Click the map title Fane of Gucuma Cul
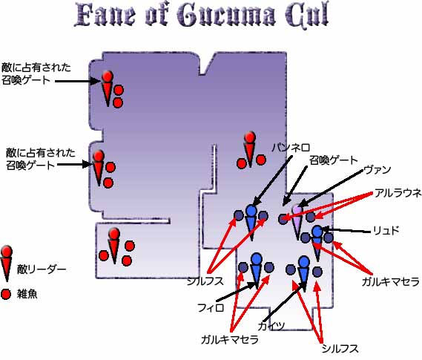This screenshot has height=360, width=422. [201, 16]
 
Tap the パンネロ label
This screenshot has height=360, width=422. [291, 148]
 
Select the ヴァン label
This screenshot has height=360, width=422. [377, 170]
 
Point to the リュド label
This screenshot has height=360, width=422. [386, 231]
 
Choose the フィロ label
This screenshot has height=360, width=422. [211, 307]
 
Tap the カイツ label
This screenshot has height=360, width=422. [271, 326]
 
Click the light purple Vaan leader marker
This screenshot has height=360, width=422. [297, 221]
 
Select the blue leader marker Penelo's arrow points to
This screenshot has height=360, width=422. [251, 221]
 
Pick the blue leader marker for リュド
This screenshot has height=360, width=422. [317, 242]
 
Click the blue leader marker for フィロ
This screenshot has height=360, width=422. [256, 270]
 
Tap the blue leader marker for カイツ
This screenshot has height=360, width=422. [304, 272]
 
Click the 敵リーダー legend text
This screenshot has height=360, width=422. [42, 269]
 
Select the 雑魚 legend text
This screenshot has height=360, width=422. [27, 294]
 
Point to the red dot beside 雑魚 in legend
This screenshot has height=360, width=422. [6, 294]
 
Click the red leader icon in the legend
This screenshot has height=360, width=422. [7, 263]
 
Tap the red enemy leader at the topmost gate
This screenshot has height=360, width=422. [108, 88]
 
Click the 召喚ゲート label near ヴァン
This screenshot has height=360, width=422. [334, 160]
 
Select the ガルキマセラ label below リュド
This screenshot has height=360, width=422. [390, 281]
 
